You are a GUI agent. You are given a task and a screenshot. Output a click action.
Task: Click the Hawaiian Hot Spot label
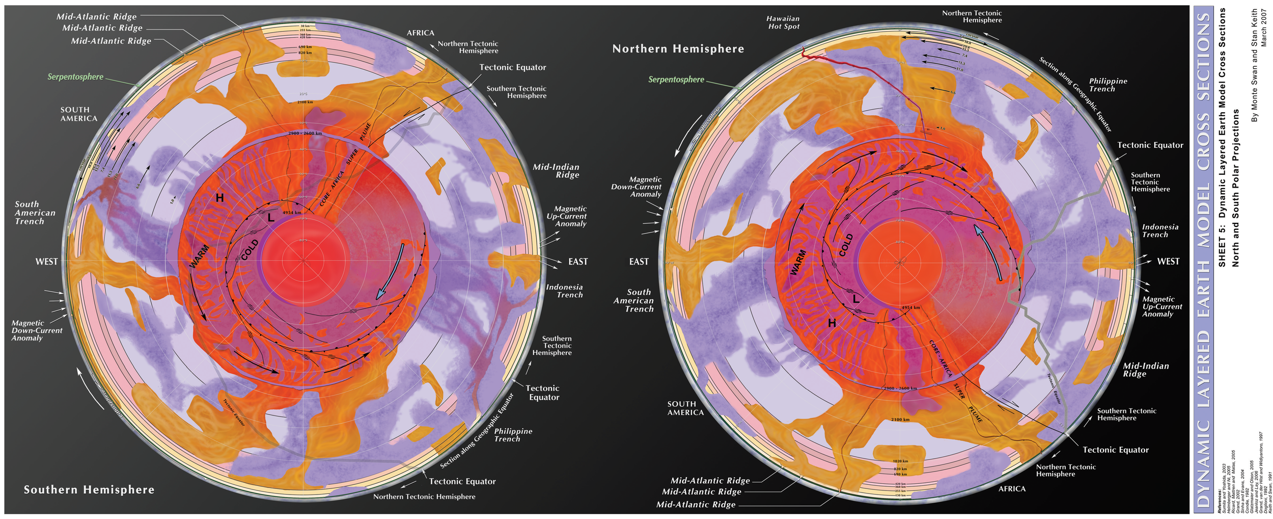tap(784, 22)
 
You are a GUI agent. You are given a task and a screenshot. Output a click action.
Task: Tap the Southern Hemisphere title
tap(89, 490)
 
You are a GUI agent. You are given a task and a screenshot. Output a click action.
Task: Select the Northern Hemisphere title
tap(678, 49)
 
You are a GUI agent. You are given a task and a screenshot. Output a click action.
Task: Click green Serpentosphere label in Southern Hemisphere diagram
tap(75, 77)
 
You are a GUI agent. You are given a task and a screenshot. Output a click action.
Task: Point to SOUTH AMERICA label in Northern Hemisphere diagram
tap(685, 408)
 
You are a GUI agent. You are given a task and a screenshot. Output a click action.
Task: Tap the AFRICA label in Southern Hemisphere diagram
tap(420, 33)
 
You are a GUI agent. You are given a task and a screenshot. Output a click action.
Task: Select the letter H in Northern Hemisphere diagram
tap(832, 323)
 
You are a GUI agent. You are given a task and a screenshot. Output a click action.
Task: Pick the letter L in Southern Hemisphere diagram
tap(271, 218)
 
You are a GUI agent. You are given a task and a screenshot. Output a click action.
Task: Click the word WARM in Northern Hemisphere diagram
tap(798, 262)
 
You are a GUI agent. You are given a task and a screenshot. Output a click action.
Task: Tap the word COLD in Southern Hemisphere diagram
tap(250, 249)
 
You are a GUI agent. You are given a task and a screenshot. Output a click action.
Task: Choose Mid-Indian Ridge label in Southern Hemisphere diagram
tap(556, 171)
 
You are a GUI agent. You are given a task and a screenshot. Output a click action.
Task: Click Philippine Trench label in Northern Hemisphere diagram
tap(1108, 85)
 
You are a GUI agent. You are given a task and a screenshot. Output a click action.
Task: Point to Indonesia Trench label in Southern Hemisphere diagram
tap(564, 291)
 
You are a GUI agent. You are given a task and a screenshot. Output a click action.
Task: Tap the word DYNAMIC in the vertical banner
tap(1203, 463)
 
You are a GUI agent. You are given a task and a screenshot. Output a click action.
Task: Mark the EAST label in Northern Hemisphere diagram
tap(639, 262)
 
